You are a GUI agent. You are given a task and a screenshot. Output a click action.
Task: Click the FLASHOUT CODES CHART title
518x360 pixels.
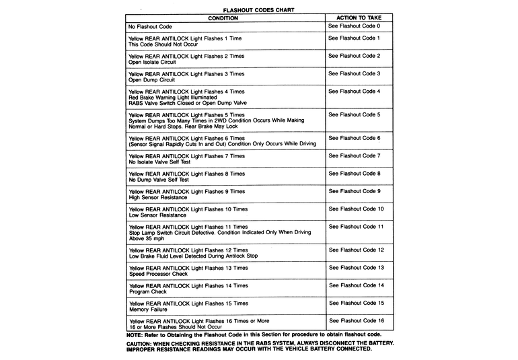(x=258, y=10)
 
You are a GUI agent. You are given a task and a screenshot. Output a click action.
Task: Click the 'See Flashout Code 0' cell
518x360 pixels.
(x=354, y=26)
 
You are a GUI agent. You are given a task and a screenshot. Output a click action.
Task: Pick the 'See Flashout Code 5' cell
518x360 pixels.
(x=354, y=114)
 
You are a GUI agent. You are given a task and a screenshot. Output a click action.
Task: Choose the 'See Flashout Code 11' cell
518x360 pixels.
(x=356, y=227)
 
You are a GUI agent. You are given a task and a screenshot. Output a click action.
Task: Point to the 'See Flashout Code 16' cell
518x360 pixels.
(x=356, y=320)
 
